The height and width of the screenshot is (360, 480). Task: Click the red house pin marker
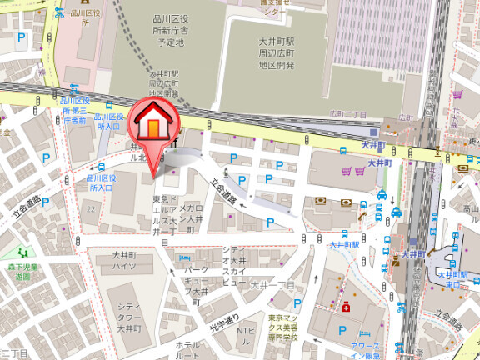[x=152, y=124]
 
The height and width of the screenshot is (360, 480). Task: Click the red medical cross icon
[x=346, y=306]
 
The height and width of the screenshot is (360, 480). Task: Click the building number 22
[x=89, y=207]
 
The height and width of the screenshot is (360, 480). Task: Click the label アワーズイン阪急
[x=364, y=350]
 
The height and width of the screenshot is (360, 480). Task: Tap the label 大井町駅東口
[x=453, y=277]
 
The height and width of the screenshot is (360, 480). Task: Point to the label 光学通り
[x=224, y=320]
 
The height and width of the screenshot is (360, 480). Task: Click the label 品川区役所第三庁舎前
[x=73, y=110]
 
